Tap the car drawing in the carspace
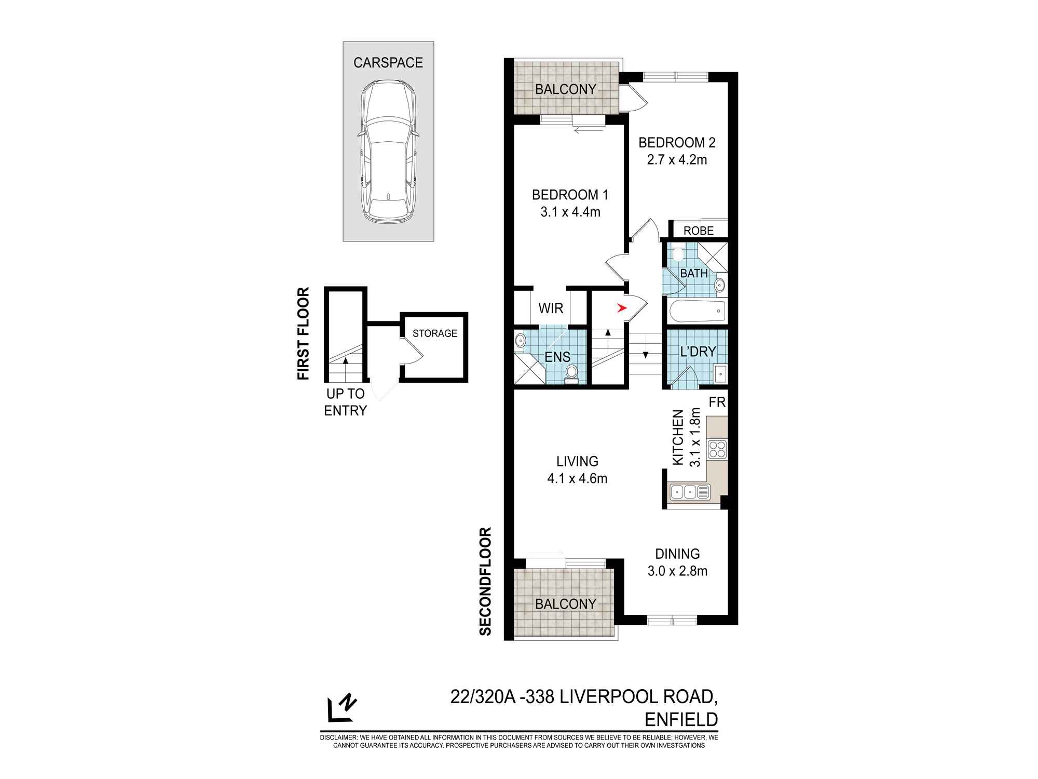point(388,152)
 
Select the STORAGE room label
point(435,333)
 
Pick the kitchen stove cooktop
point(717,449)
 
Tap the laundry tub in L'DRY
point(720,373)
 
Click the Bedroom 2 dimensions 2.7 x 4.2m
point(677,160)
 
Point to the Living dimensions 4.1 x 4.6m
point(577,478)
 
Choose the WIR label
point(551,308)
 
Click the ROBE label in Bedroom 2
point(699,231)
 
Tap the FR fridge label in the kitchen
point(717,402)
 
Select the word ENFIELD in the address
point(681,720)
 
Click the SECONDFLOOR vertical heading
point(485,581)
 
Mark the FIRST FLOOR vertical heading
point(303,333)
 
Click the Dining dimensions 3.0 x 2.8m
point(677,571)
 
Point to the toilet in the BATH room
point(678,255)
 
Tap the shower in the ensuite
point(529,369)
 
